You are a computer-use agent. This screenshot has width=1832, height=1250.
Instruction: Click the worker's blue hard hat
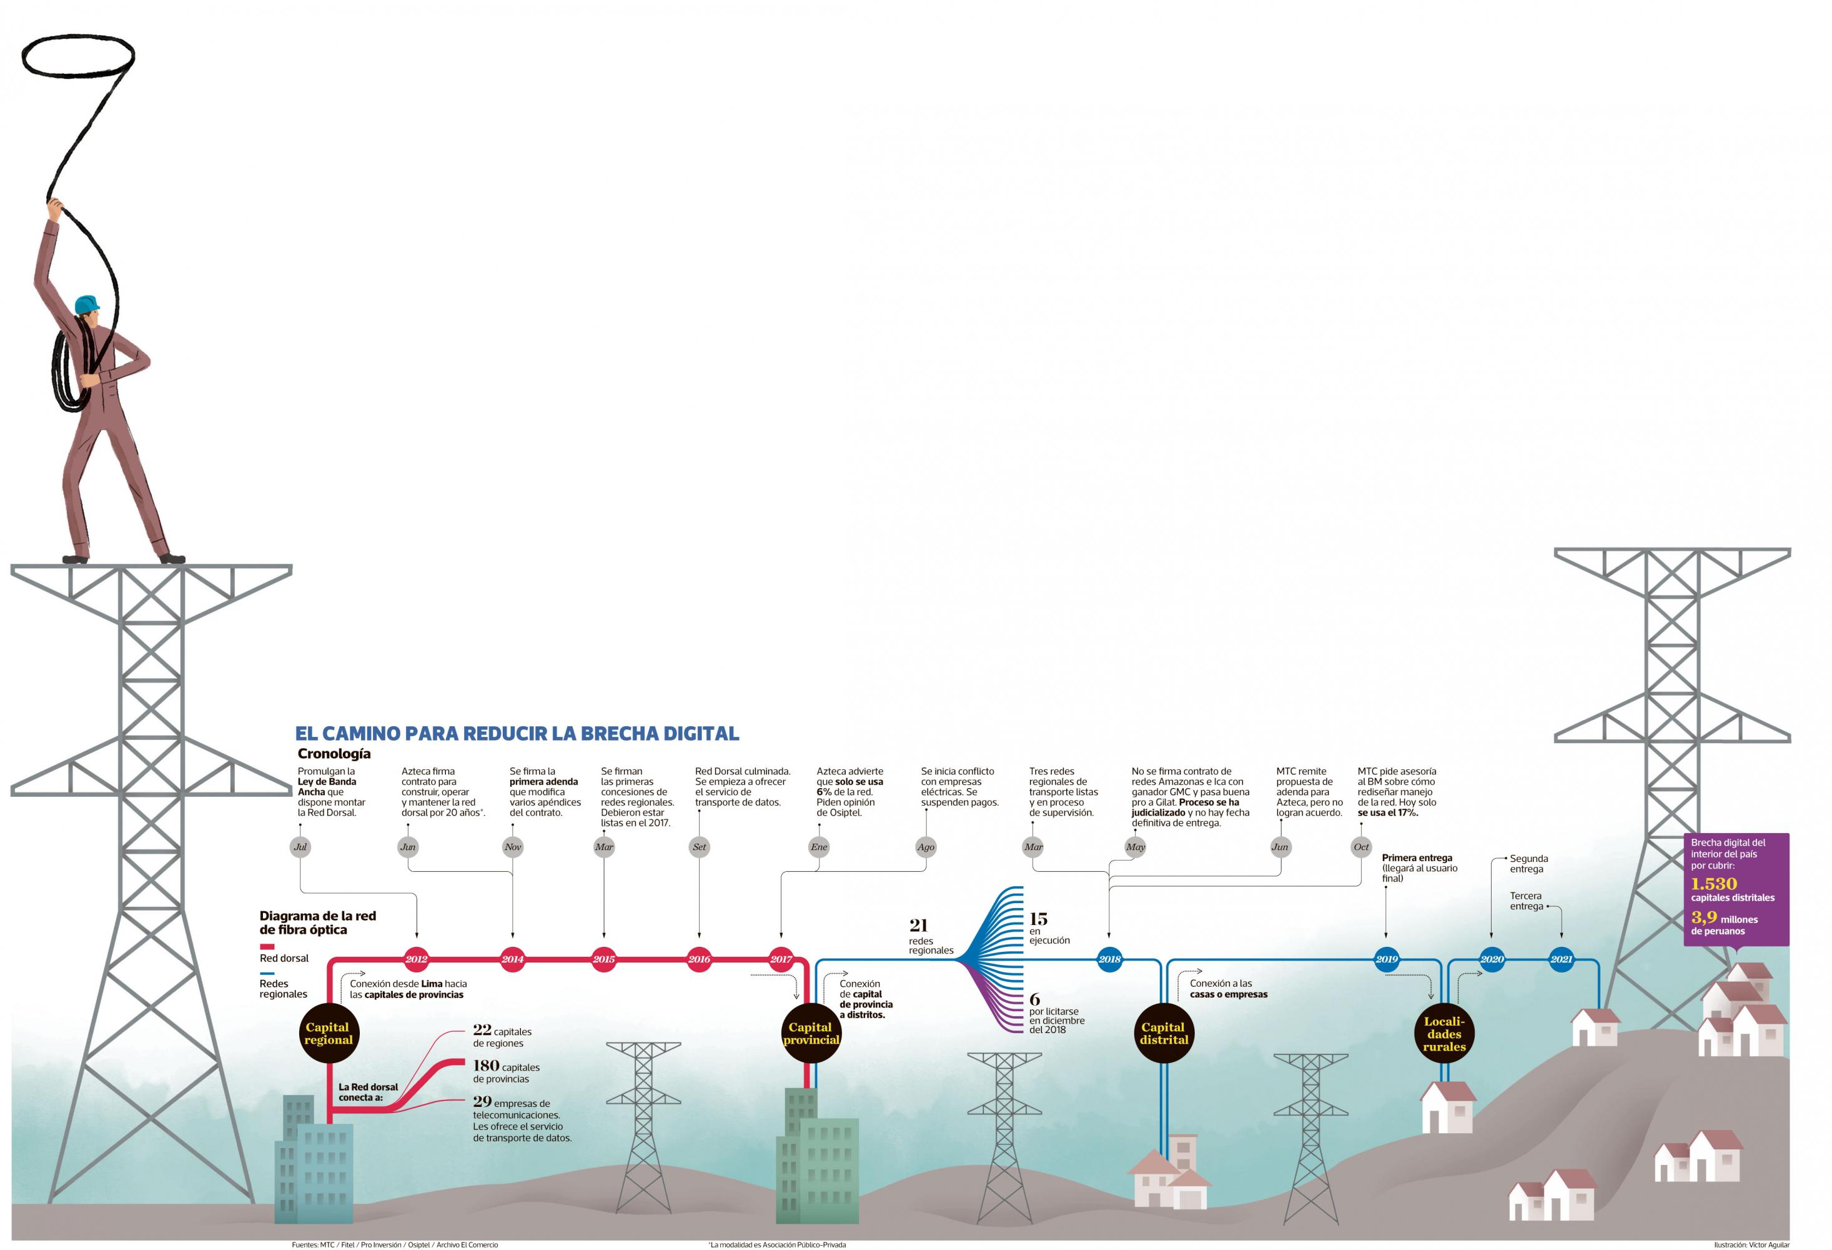87,304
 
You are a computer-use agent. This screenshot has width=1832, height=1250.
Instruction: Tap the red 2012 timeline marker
416,959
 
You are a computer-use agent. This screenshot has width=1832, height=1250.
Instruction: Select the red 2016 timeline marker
699,959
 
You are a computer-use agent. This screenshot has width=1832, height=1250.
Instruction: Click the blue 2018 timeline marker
1109,959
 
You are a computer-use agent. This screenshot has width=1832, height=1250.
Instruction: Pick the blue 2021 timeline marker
1562,959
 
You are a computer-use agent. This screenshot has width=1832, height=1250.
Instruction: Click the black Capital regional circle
328,1033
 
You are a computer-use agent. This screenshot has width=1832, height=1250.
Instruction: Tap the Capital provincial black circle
810,1033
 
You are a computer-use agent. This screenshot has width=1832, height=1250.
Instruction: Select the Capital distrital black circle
1164,1033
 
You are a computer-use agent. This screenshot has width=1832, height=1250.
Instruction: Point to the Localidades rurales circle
1444,1034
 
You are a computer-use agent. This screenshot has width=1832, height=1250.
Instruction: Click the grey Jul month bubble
300,847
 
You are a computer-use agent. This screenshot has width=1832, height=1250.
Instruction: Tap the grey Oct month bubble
1362,847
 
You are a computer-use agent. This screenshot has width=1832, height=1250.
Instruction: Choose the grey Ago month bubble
926,847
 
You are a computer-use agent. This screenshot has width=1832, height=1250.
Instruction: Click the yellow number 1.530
1714,883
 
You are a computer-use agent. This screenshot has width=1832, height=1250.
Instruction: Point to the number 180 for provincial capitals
485,1066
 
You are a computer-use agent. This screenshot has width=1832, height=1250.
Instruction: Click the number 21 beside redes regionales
918,924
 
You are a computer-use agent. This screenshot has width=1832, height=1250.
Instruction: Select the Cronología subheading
334,753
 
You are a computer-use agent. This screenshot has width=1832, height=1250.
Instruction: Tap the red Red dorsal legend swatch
267,946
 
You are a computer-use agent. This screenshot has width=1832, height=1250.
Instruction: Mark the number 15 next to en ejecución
1038,919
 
